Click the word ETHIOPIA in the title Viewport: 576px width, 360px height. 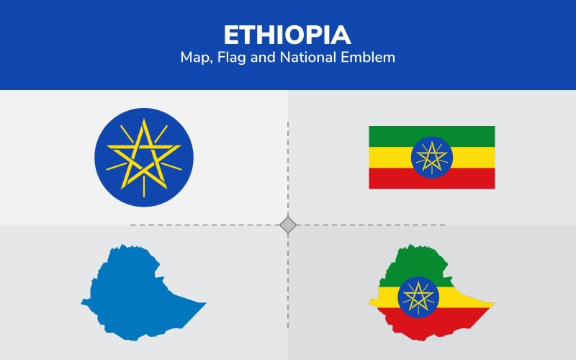click(x=288, y=35)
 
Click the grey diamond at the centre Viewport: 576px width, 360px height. click(x=288, y=225)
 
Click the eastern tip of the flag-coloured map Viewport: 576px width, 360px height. click(x=493, y=303)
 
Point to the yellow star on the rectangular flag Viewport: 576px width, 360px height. click(x=432, y=156)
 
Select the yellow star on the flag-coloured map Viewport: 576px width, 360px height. click(x=418, y=297)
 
